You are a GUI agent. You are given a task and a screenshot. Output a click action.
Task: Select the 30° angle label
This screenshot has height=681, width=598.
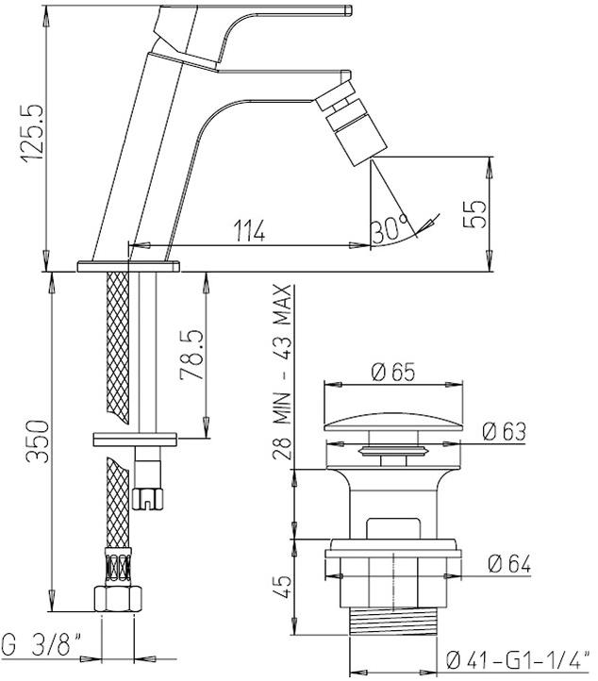point(390,227)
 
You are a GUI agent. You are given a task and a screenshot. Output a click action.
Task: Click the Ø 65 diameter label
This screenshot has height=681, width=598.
point(393,371)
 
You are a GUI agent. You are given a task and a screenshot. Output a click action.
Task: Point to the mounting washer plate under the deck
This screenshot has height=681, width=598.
point(135,439)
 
